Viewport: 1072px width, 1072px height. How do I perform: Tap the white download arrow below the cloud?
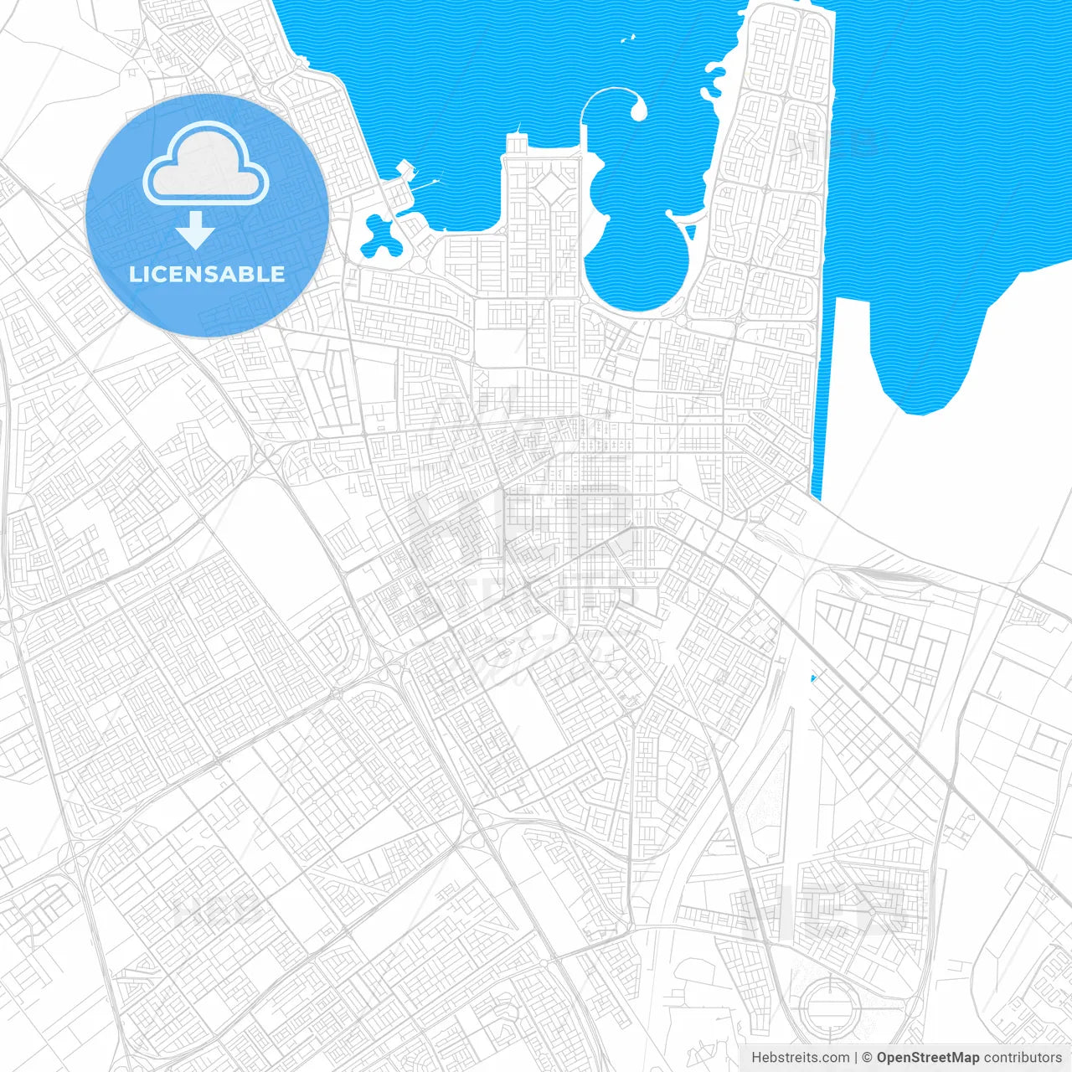click(196, 230)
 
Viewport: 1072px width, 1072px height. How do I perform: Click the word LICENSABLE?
click(207, 274)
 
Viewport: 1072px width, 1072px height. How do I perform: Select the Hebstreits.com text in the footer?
click(801, 1058)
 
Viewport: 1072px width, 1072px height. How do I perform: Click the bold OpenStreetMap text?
click(928, 1058)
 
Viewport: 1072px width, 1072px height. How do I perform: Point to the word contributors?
click(1023, 1058)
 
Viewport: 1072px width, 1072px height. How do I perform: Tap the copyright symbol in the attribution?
click(867, 1058)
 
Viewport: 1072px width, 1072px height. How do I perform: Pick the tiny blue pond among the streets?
click(812, 678)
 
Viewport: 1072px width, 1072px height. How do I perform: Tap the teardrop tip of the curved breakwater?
click(639, 111)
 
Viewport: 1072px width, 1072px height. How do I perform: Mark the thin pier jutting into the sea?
click(433, 180)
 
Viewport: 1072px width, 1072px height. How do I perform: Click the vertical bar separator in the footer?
click(856, 1058)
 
